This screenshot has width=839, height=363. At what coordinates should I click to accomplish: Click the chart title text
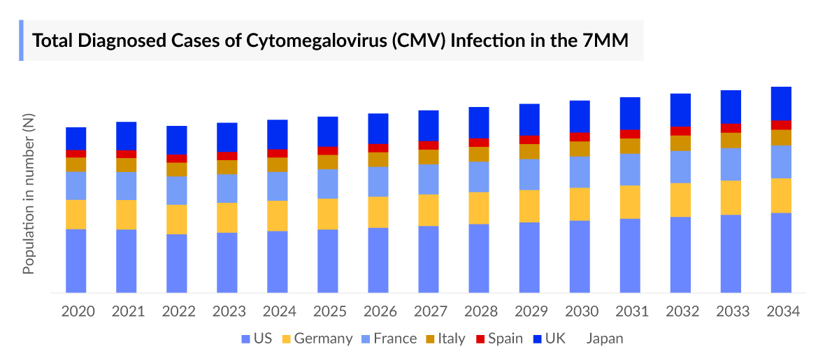(330, 41)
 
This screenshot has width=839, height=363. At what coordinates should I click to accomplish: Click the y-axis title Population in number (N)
(29, 194)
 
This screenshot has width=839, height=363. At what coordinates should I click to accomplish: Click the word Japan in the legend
(604, 339)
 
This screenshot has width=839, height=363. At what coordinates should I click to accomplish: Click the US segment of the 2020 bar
(76, 260)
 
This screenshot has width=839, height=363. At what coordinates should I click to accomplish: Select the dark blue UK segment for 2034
(781, 103)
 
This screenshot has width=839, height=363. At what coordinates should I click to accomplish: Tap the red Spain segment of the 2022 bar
(176, 159)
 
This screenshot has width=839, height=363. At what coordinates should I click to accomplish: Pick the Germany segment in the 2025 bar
(327, 213)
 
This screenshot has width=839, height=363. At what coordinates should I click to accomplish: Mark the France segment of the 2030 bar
(580, 171)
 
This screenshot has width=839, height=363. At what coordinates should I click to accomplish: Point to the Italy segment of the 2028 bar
(478, 154)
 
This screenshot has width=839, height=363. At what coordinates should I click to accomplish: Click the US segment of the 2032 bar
(680, 254)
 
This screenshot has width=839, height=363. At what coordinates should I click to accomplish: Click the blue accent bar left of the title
(22, 41)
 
